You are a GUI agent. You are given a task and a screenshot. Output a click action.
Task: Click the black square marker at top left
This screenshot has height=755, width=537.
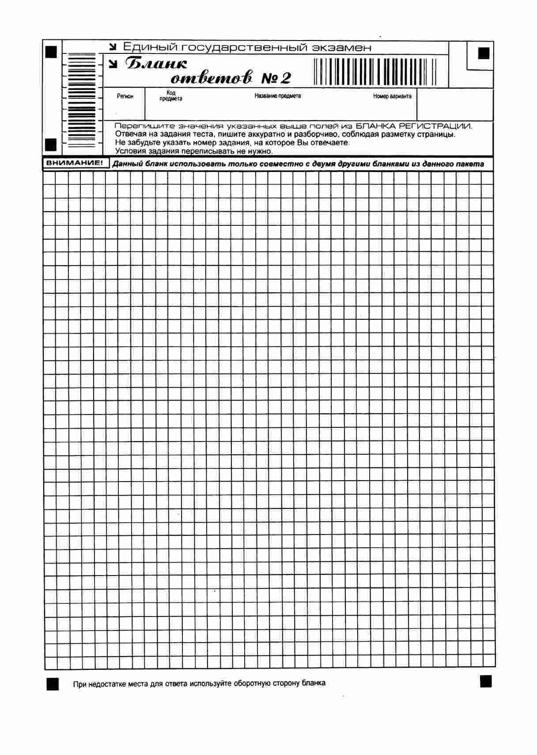click(x=52, y=52)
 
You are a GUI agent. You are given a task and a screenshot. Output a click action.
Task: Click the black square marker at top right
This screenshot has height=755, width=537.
click(x=484, y=53)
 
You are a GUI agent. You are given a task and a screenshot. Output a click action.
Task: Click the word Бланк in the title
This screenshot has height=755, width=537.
click(x=156, y=64)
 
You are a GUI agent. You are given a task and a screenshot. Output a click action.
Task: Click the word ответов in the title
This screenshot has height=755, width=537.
click(x=212, y=78)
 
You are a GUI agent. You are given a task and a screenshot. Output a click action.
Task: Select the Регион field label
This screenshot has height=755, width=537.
click(x=125, y=96)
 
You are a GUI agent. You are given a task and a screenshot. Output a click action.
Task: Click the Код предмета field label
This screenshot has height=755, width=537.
click(x=170, y=96)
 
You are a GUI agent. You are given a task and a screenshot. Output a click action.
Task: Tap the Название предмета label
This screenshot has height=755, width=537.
click(x=278, y=96)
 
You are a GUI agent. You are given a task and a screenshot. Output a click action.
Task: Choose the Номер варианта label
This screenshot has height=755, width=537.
click(x=392, y=96)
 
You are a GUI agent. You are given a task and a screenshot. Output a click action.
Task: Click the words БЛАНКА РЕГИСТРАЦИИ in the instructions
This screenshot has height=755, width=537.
click(x=414, y=126)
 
